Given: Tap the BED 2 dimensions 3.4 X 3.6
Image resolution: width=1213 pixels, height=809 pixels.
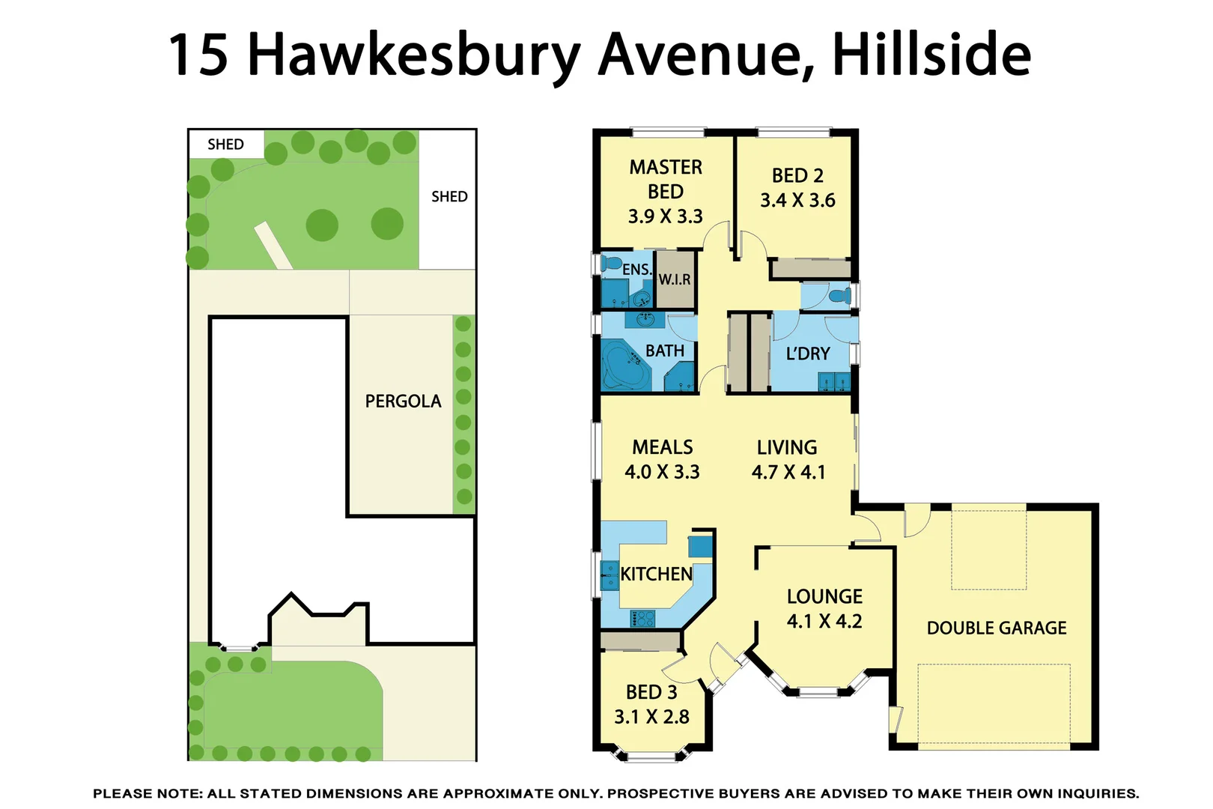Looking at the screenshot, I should pos(797,201).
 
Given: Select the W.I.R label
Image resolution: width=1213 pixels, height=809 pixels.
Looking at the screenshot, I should pos(675,279).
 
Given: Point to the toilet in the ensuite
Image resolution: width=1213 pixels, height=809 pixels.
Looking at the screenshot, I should pos(612,264).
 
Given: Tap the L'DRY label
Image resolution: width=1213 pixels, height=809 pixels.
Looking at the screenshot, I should pos(808,354).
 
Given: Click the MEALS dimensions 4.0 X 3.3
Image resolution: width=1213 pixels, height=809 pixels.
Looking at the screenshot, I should pos(662,472).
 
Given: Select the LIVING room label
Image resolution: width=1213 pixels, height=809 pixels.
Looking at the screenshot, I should pos(787,447).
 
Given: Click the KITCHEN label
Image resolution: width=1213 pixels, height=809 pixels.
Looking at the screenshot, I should pos(656,574).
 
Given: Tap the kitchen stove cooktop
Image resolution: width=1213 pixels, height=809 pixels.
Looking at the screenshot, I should pos(642,619).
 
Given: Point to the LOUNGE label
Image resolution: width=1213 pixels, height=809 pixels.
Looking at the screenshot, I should pos(824,596).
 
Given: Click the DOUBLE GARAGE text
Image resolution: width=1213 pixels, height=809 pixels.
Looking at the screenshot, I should pos(997,628).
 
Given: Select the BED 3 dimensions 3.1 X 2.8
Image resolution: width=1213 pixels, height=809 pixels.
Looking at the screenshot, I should pos(651,717).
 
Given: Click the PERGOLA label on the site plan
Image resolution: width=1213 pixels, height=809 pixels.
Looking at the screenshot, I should pos(403,402).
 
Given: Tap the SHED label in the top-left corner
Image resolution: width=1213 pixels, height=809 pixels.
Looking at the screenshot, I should pos(225,144).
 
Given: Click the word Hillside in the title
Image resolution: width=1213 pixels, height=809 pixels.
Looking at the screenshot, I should pos(931,54).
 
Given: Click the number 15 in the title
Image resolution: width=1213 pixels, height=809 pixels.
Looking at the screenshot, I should pos(198,54).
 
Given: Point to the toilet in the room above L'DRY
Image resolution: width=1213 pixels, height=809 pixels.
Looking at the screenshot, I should pos(842,295).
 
